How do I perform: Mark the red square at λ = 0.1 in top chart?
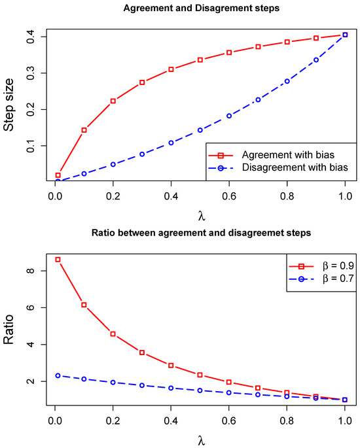point(84,130)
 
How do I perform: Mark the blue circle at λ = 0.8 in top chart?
point(287,81)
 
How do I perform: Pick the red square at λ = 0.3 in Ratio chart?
point(142,353)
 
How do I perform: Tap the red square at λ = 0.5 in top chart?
point(200,60)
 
